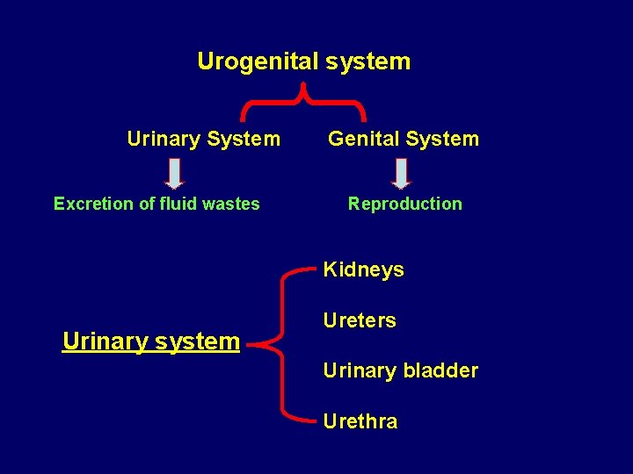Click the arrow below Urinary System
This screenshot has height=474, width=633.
pyautogui.click(x=175, y=173)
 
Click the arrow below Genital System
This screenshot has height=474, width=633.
pyautogui.click(x=402, y=173)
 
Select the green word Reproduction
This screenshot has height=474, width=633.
pyautogui.click(x=404, y=204)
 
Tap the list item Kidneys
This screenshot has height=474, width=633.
pyautogui.click(x=363, y=269)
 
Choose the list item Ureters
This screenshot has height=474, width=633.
pyautogui.click(x=359, y=320)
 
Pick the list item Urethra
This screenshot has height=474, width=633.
pyautogui.click(x=360, y=421)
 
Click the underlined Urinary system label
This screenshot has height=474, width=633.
pyautogui.click(x=151, y=341)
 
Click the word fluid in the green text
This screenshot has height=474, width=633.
pyautogui.click(x=178, y=204)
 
